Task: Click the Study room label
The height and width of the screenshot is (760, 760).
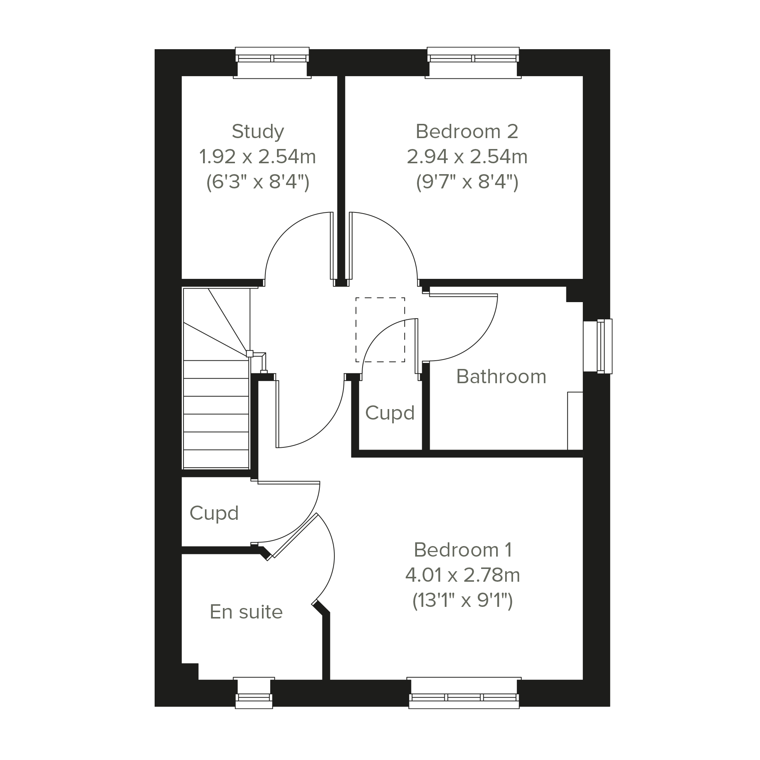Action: (x=258, y=132)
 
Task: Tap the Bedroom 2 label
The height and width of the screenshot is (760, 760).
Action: (x=467, y=131)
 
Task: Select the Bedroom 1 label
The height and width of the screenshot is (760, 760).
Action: (x=463, y=549)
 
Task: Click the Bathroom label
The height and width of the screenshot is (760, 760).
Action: (x=501, y=376)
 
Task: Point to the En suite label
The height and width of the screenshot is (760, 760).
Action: (x=246, y=612)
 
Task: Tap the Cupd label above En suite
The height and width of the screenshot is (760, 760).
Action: (x=214, y=513)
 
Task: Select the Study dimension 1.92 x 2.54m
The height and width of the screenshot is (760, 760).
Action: (x=258, y=157)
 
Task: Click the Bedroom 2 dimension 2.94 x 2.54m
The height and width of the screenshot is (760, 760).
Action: (x=467, y=157)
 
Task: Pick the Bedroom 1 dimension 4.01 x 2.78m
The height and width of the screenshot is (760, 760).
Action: (x=463, y=575)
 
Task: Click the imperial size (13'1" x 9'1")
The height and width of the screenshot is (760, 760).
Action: (x=463, y=601)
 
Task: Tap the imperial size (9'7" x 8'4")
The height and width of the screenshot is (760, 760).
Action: (x=467, y=182)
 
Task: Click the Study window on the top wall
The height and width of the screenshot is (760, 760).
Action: (x=272, y=63)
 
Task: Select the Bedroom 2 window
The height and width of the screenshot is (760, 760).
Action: (x=473, y=63)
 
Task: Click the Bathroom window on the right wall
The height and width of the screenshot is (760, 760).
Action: (x=597, y=346)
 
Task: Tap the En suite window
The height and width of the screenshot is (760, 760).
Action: (x=254, y=693)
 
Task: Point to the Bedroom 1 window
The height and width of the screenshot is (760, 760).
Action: (x=464, y=693)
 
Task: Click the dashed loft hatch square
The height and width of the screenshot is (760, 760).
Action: (x=381, y=330)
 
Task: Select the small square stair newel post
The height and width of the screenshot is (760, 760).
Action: (x=250, y=354)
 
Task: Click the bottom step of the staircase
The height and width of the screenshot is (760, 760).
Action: (x=216, y=459)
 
